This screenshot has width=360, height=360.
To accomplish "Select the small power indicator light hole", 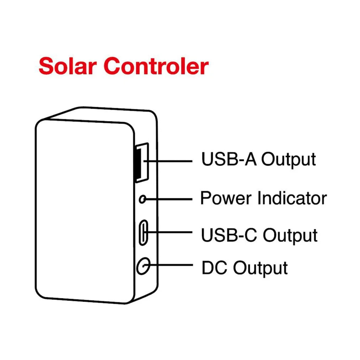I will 142,199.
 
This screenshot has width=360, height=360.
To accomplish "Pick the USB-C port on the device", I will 143,232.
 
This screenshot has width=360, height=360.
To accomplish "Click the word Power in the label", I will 226,199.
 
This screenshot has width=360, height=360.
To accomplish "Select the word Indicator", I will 291,199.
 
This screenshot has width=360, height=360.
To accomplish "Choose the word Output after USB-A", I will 288,160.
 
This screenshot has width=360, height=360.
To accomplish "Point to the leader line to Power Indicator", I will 169,199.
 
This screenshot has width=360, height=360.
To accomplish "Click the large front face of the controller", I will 84,211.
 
